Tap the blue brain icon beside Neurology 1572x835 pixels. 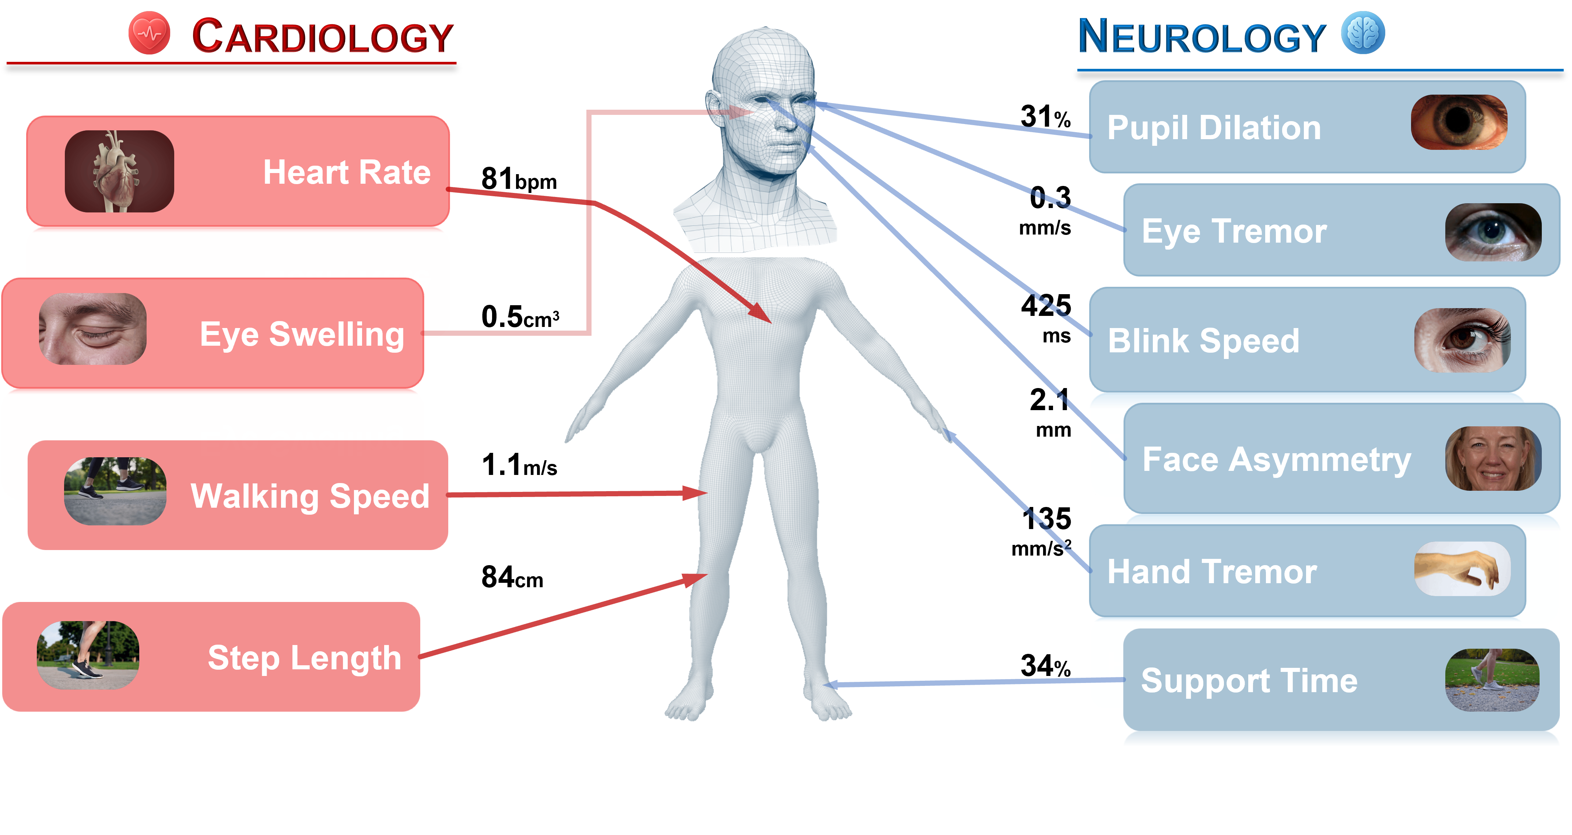tap(1363, 33)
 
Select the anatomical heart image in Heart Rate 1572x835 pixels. tap(119, 172)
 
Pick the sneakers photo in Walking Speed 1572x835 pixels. tap(115, 491)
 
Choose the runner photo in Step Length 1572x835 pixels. tap(88, 655)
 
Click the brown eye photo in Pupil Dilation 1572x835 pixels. tap(1459, 122)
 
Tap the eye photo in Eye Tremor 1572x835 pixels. tap(1493, 232)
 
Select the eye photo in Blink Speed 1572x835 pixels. tap(1462, 340)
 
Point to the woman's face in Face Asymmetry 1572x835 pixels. tap(1493, 459)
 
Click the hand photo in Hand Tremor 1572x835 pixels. tap(1462, 568)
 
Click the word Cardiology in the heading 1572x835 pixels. tap(322, 36)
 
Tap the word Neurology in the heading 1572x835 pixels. tap(1201, 36)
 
